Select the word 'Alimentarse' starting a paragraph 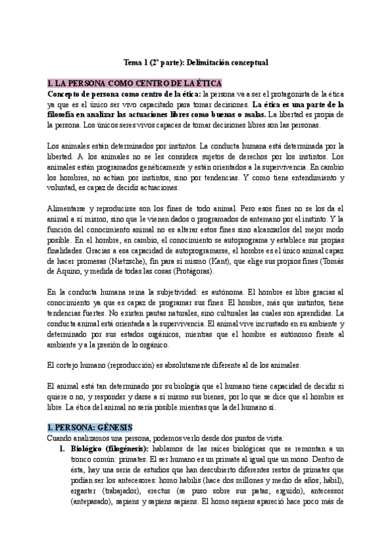click(69, 207)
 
